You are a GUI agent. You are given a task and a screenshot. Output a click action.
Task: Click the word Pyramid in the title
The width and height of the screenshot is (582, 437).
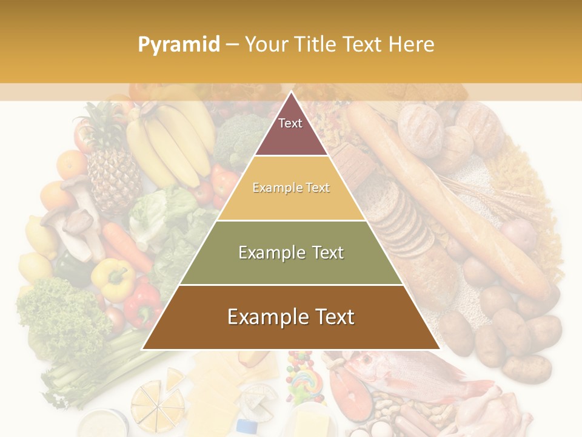[178, 45]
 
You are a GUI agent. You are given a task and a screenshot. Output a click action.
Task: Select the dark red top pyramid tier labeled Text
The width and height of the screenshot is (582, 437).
[290, 130]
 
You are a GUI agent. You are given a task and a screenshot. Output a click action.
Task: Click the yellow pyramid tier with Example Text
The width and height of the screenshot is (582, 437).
[291, 188]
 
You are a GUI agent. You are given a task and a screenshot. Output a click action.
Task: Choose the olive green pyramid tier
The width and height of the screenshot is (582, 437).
[291, 252]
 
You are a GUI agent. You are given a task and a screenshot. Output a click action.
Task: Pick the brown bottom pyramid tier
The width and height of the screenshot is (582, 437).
[291, 317]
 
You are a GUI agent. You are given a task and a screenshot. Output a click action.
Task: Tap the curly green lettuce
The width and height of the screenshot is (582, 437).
[58, 316]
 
